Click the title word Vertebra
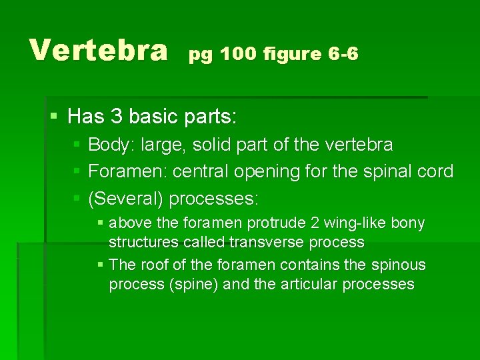click(x=98, y=49)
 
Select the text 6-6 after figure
click(x=343, y=54)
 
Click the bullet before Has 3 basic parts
click(x=55, y=117)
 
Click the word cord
click(x=436, y=171)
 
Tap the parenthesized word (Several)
click(x=126, y=199)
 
